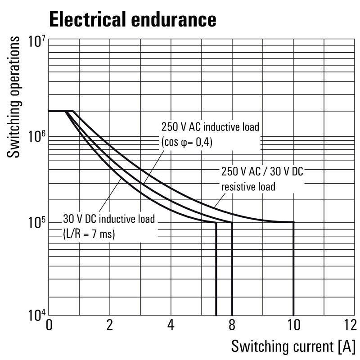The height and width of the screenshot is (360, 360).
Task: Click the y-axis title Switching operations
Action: (x=14, y=97)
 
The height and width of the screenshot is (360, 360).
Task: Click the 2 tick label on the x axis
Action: (x=110, y=325)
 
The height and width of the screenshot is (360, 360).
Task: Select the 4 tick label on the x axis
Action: (x=171, y=325)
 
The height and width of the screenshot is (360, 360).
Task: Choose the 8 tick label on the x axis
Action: (x=232, y=325)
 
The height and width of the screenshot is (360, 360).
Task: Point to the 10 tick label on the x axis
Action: (x=293, y=325)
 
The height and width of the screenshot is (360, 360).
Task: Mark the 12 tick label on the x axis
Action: (x=349, y=325)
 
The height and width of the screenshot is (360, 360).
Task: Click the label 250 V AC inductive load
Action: (x=210, y=126)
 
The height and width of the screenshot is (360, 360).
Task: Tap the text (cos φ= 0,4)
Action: (x=186, y=142)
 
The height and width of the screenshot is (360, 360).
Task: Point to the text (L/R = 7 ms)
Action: (x=89, y=234)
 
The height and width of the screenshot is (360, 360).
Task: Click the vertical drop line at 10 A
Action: (x=293, y=270)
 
